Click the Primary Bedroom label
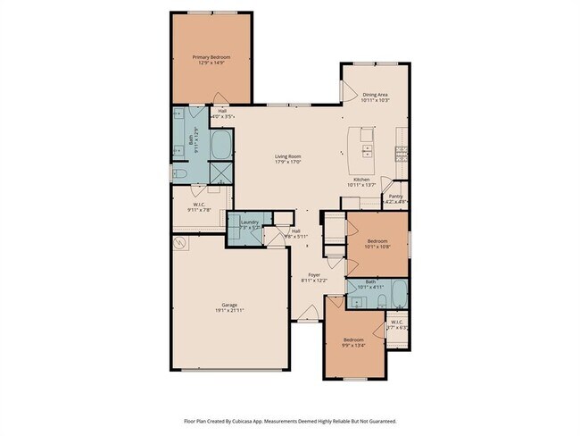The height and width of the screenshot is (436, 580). [211, 56]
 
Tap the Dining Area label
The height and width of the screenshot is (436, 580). [374, 94]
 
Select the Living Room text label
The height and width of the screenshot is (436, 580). [287, 157]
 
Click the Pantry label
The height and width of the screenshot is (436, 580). [394, 197]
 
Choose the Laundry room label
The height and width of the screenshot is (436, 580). [249, 222]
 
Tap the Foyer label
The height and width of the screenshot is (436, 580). [314, 274]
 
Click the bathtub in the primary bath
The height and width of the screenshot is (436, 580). [220, 145]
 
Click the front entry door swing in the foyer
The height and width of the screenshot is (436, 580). [308, 313]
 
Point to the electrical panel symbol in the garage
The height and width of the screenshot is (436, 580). [181, 242]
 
